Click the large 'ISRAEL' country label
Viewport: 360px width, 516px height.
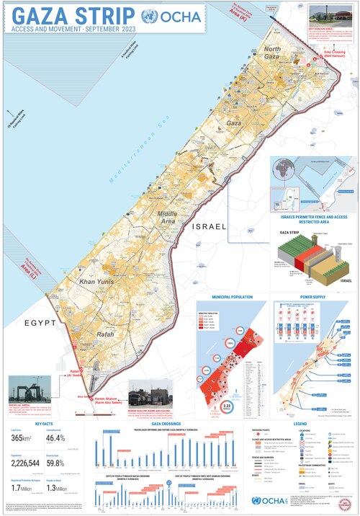[x=210, y=226]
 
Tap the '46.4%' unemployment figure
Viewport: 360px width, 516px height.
[x=56, y=437]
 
